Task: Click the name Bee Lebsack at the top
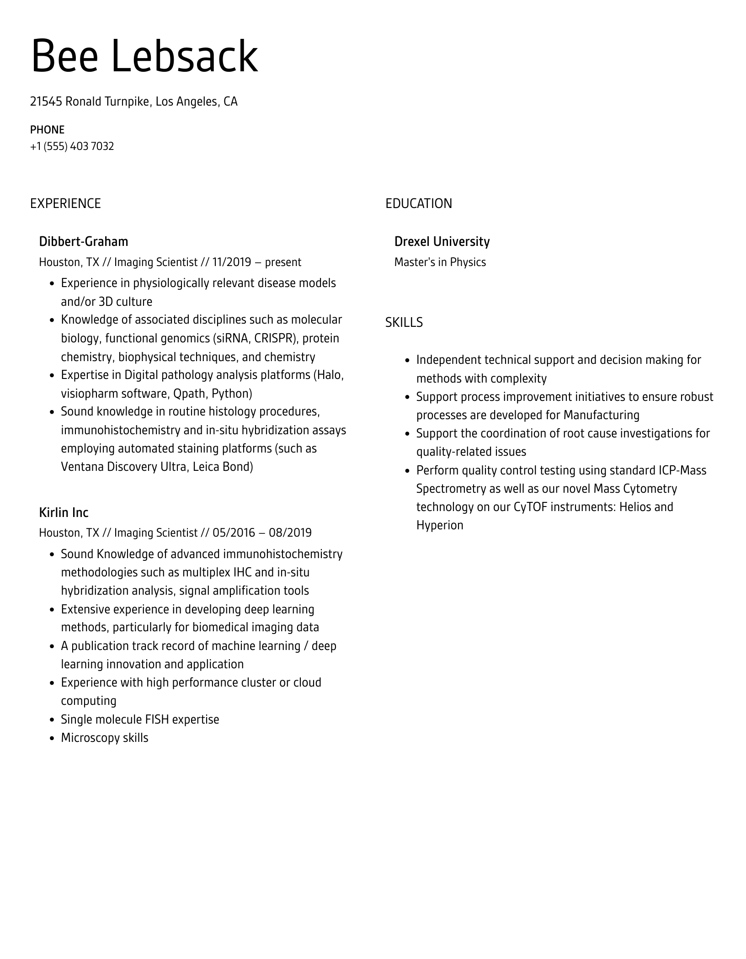tap(144, 57)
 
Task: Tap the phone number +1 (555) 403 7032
tap(72, 146)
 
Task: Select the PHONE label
tap(47, 130)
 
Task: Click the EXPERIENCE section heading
tap(65, 203)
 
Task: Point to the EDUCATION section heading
tap(418, 203)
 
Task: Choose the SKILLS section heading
tap(404, 323)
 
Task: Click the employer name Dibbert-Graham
tap(83, 241)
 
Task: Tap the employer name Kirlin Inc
tap(64, 512)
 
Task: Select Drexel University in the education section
tap(442, 241)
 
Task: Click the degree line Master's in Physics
tap(440, 262)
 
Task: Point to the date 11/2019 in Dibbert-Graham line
tap(231, 262)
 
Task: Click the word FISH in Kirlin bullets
tap(157, 719)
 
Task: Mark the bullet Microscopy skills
tap(105, 738)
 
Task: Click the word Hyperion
tap(440, 525)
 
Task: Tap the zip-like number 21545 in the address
tap(46, 101)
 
